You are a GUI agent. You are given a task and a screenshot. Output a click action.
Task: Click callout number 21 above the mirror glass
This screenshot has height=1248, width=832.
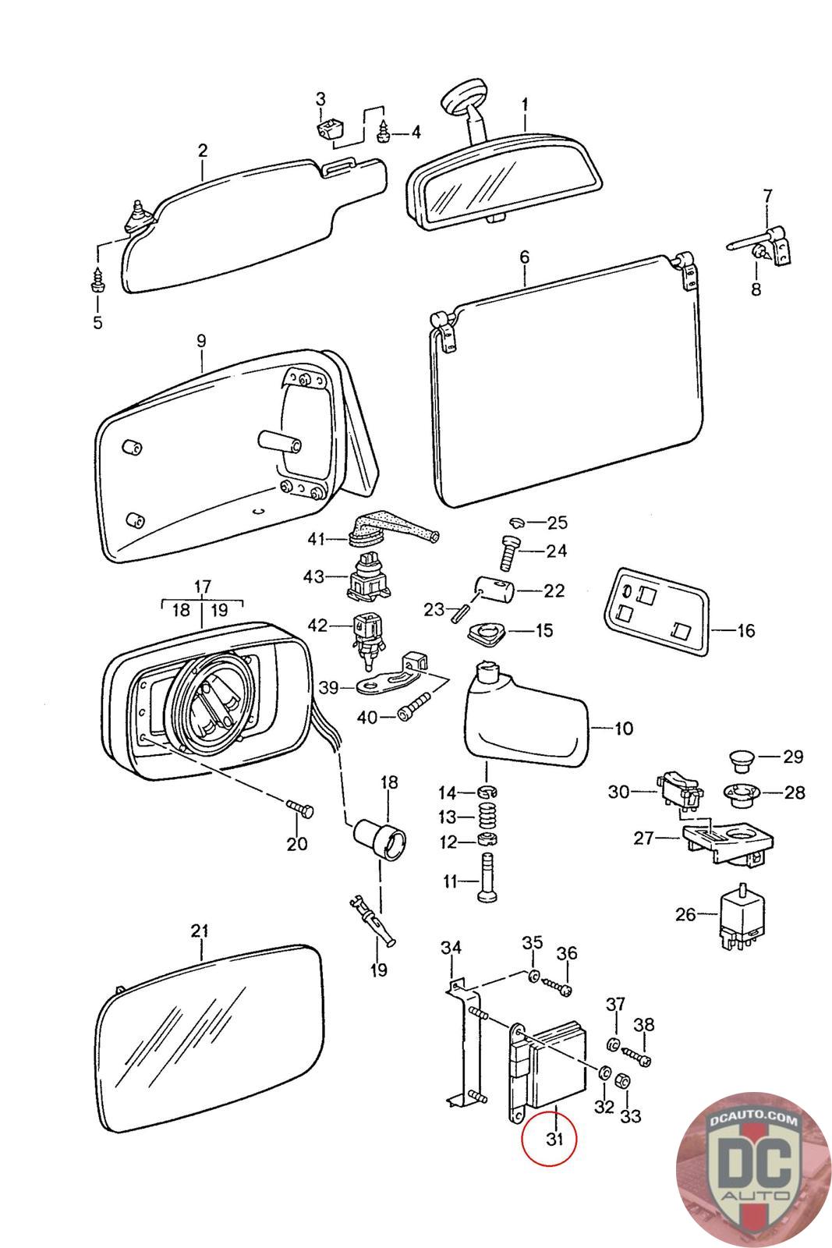pyautogui.click(x=200, y=930)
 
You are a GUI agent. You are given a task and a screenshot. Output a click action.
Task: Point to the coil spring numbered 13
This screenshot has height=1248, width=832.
pyautogui.click(x=487, y=817)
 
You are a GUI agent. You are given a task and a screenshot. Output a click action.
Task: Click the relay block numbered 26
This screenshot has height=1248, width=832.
pyautogui.click(x=740, y=915)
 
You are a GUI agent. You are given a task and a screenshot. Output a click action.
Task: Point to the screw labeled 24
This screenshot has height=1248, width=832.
pyautogui.click(x=508, y=555)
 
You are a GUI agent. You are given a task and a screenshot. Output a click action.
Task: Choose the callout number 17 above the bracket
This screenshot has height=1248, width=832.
pyautogui.click(x=202, y=587)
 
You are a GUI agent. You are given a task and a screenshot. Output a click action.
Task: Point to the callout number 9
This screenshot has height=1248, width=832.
pyautogui.click(x=201, y=340)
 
